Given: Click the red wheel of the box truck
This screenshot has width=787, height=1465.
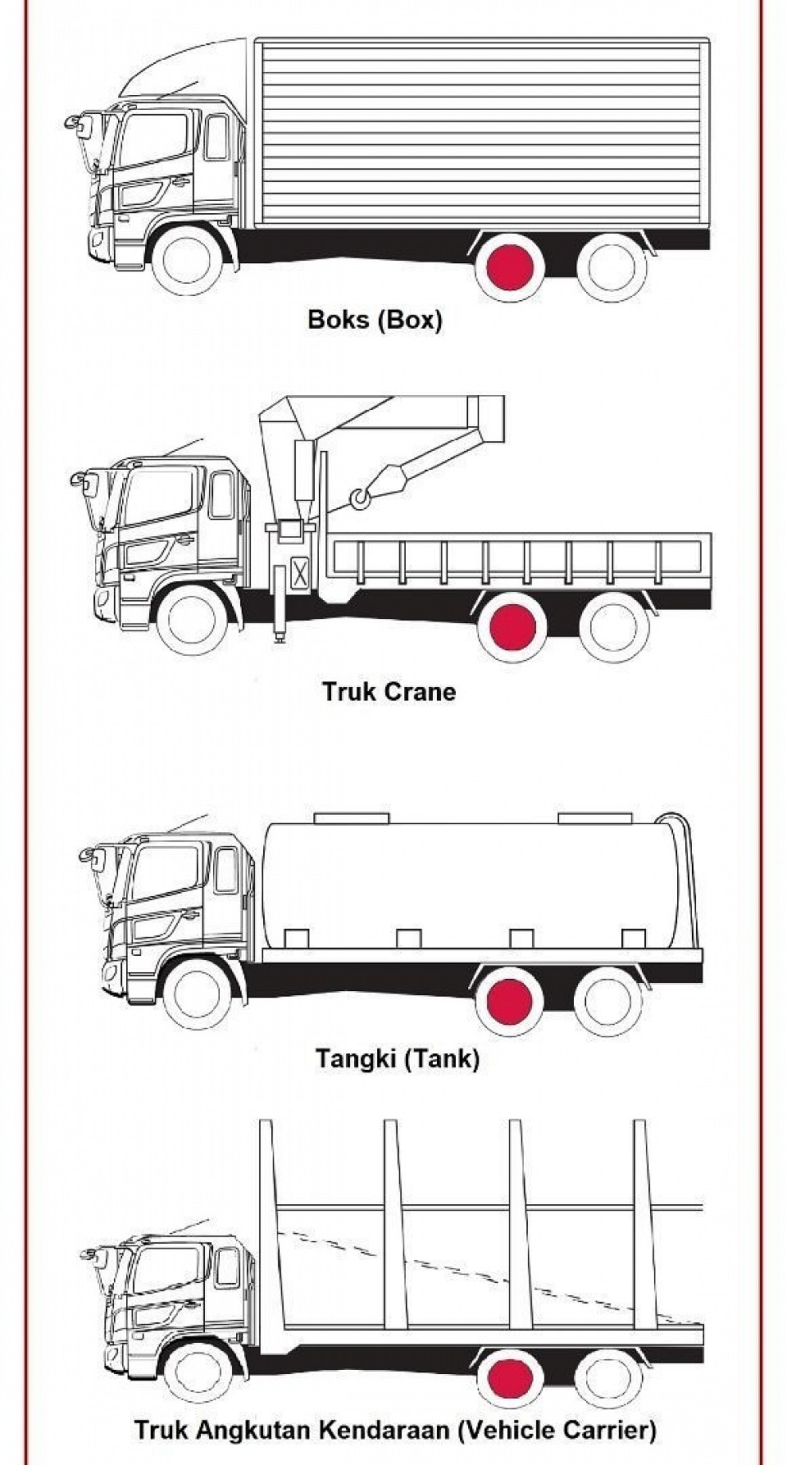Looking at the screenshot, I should [509, 267].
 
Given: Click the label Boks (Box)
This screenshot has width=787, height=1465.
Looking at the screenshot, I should [375, 319].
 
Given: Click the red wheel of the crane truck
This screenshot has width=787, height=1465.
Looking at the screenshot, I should [512, 626].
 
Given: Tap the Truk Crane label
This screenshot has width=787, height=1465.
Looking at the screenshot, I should [389, 691].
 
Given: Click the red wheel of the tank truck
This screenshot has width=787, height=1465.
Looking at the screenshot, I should [509, 1000].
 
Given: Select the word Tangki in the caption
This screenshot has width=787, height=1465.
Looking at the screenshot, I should [357, 1058].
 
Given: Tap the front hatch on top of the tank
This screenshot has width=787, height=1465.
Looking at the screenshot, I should [352, 817].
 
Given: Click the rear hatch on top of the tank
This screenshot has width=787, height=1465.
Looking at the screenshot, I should [594, 817].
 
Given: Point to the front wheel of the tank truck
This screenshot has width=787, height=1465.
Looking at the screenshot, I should [198, 994].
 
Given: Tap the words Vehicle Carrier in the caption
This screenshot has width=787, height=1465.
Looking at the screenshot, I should [557, 1431].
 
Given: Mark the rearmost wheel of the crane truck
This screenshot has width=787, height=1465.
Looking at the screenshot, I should [614, 626].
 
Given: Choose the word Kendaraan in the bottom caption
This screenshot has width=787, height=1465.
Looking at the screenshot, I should [384, 1431].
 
